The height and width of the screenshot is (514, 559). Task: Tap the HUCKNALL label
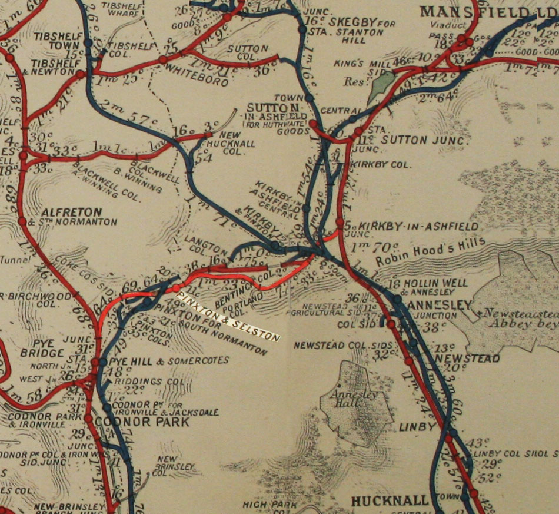[390, 501]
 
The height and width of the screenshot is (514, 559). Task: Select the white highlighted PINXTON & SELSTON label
[230, 314]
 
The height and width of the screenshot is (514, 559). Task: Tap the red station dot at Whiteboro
[162, 60]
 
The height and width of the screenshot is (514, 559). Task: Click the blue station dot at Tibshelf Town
[88, 42]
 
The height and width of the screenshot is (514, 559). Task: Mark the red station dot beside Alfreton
[22, 221]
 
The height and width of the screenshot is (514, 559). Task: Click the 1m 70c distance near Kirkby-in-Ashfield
[365, 241]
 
